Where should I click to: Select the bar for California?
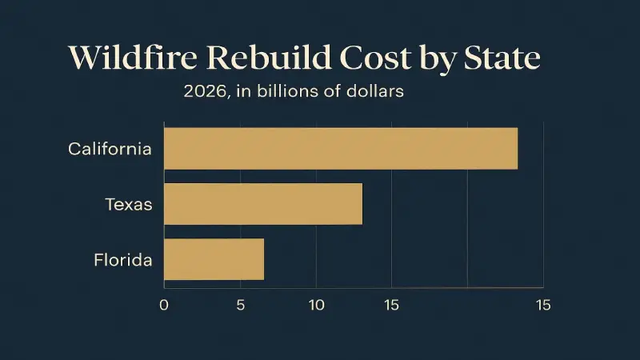click(341, 148)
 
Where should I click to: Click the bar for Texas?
click(263, 204)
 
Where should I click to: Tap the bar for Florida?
click(214, 259)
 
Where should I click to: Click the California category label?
click(110, 149)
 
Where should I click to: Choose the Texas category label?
click(129, 204)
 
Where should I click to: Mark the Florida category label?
click(122, 259)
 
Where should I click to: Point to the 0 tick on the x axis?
click(164, 305)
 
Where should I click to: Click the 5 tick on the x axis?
click(239, 305)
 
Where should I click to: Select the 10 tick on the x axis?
click(316, 305)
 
